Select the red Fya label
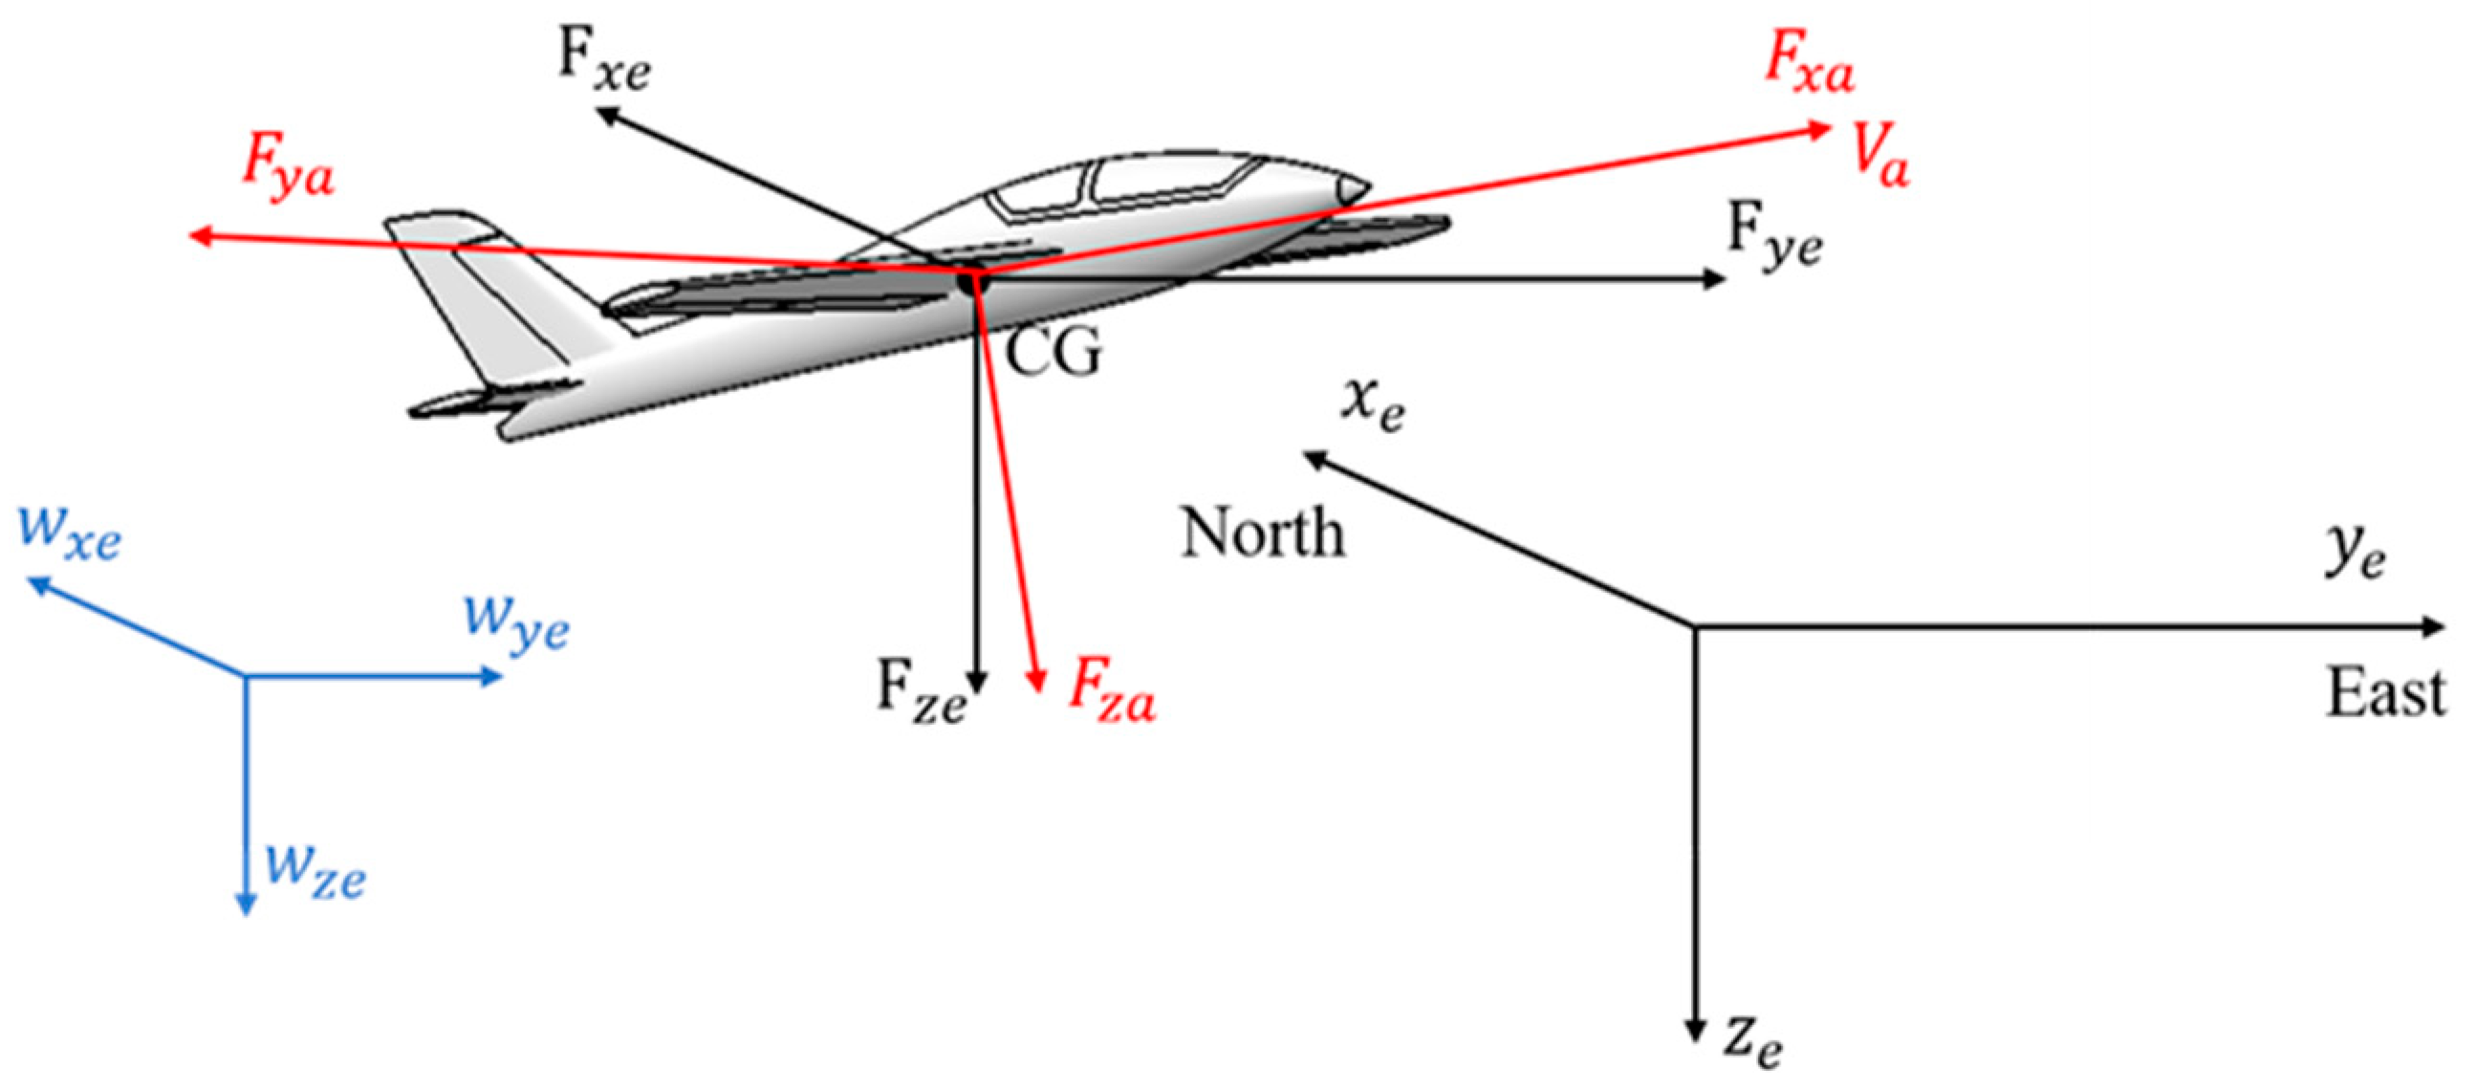click(x=288, y=165)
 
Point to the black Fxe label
click(x=603, y=60)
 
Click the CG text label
click(x=1053, y=352)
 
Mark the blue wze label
click(x=315, y=870)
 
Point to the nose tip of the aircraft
click(x=1366, y=187)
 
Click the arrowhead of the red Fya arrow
click(x=198, y=235)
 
